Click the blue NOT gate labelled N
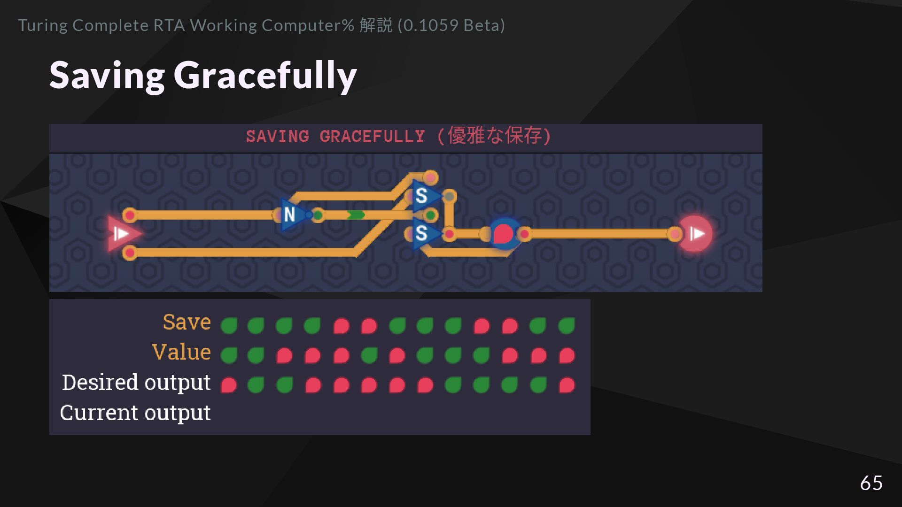click(290, 215)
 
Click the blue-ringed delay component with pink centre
click(504, 233)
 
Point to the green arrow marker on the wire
click(356, 215)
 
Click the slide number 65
click(871, 483)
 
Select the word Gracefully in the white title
click(265, 75)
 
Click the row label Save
click(187, 322)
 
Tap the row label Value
click(181, 352)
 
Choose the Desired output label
click(136, 382)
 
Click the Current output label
click(135, 413)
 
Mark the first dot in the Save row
click(229, 325)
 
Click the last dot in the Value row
click(567, 355)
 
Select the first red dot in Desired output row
click(229, 385)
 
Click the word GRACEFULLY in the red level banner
click(372, 137)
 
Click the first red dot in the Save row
click(341, 325)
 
